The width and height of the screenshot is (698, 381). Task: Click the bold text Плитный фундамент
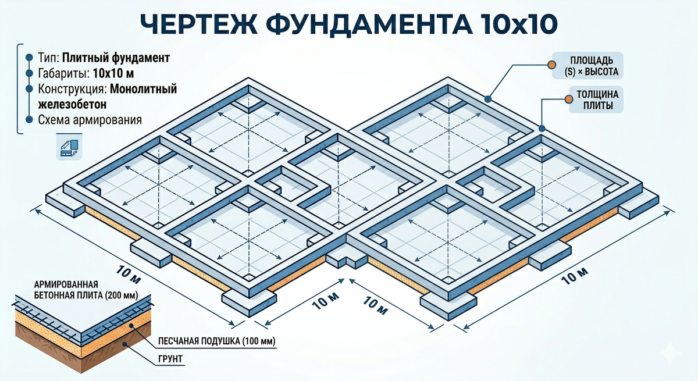coord(116,58)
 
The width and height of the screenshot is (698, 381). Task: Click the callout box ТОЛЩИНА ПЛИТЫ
coord(597,100)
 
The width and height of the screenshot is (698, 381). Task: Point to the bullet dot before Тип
coord(29,58)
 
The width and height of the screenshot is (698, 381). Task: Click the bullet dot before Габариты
coord(29,74)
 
